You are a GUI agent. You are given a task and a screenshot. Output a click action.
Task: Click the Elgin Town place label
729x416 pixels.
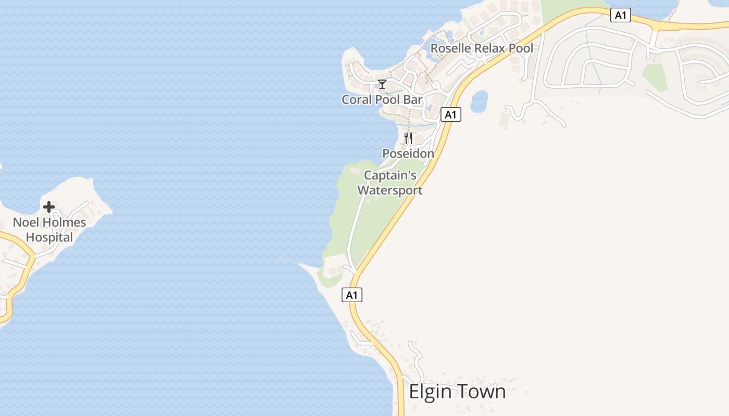coord(457,392)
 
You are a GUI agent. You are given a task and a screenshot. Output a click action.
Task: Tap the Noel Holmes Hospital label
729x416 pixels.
coord(49,230)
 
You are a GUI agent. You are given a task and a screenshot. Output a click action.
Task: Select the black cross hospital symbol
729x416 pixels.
coord(49,207)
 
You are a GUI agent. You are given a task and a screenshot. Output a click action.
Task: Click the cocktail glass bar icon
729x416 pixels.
coord(382,84)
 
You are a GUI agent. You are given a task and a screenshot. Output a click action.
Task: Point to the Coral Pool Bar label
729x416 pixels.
coord(382,99)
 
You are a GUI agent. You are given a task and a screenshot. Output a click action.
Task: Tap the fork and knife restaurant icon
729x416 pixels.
coord(408,138)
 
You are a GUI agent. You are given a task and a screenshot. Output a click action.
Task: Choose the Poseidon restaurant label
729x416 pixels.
coord(408,153)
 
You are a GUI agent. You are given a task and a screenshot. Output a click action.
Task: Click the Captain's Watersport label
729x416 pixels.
coord(390,183)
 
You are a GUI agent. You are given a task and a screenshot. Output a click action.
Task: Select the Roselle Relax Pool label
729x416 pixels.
coord(482,48)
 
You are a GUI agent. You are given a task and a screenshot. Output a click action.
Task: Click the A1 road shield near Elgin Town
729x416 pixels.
coord(352,295)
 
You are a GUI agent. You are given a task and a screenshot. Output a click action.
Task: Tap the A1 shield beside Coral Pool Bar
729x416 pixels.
coord(451,114)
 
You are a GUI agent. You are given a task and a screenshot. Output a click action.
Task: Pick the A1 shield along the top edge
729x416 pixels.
coord(620,16)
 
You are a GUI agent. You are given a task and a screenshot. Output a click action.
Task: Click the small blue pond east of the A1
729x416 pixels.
coord(479,101)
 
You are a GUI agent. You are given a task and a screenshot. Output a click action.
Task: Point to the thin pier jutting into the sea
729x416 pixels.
coord(290,261)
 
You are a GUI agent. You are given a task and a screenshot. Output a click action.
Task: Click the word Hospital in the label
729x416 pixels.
coord(49,238)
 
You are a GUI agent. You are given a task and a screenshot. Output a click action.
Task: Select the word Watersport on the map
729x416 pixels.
coord(390,190)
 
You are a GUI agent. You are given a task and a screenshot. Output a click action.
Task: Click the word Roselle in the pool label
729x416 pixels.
coord(451,48)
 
